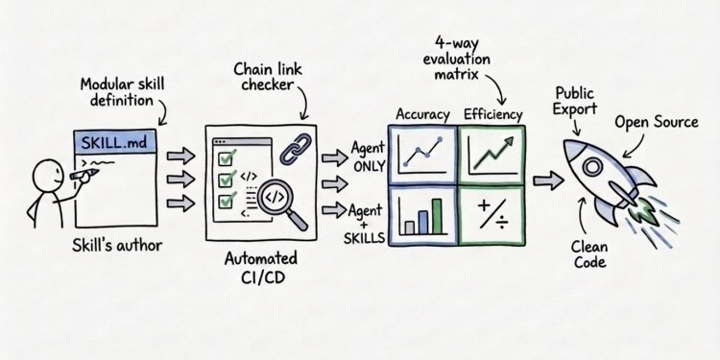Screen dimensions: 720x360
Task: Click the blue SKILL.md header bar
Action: [114, 142]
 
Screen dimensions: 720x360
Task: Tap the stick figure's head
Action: [48, 175]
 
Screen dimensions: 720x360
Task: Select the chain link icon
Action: [296, 149]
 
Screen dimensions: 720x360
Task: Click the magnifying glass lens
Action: [274, 197]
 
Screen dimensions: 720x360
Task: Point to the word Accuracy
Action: [422, 115]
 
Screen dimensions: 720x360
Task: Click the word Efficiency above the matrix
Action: [492, 115]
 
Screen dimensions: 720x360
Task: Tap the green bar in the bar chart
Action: [437, 216]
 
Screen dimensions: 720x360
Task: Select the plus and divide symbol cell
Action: [492, 216]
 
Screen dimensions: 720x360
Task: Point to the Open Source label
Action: [657, 123]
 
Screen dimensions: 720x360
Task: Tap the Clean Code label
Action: [589, 254]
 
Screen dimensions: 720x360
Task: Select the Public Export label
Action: [574, 101]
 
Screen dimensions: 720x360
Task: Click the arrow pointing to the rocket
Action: [548, 180]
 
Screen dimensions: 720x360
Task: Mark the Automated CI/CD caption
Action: [260, 268]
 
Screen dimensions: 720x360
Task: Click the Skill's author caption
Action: [117, 246]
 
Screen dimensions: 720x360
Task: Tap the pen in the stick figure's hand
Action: [84, 175]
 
